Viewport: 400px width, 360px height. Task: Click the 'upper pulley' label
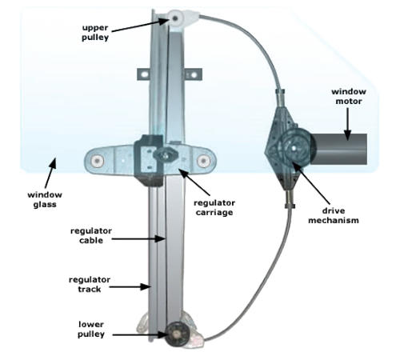(95, 32)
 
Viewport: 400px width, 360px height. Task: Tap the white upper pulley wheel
(175, 18)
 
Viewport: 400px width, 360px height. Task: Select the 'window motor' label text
(349, 96)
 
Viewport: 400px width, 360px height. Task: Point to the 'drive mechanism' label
(334, 215)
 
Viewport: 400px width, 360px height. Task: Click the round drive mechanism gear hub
(294, 147)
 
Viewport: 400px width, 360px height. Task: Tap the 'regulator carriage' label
(214, 207)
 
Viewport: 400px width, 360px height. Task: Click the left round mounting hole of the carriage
(97, 161)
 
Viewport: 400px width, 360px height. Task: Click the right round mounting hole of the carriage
(203, 161)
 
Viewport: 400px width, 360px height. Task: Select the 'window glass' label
(45, 199)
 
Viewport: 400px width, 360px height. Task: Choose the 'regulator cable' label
(91, 235)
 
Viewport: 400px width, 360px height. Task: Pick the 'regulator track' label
(90, 284)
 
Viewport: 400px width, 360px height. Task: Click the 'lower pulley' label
(91, 330)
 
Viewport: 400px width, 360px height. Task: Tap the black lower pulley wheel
(176, 334)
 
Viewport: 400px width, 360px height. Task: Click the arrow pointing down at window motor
(347, 124)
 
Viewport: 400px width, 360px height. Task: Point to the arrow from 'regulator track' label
(130, 287)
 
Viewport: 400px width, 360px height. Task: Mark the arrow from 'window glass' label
(50, 173)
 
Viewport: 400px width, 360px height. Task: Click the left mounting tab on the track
(144, 74)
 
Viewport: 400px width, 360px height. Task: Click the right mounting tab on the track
(193, 74)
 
